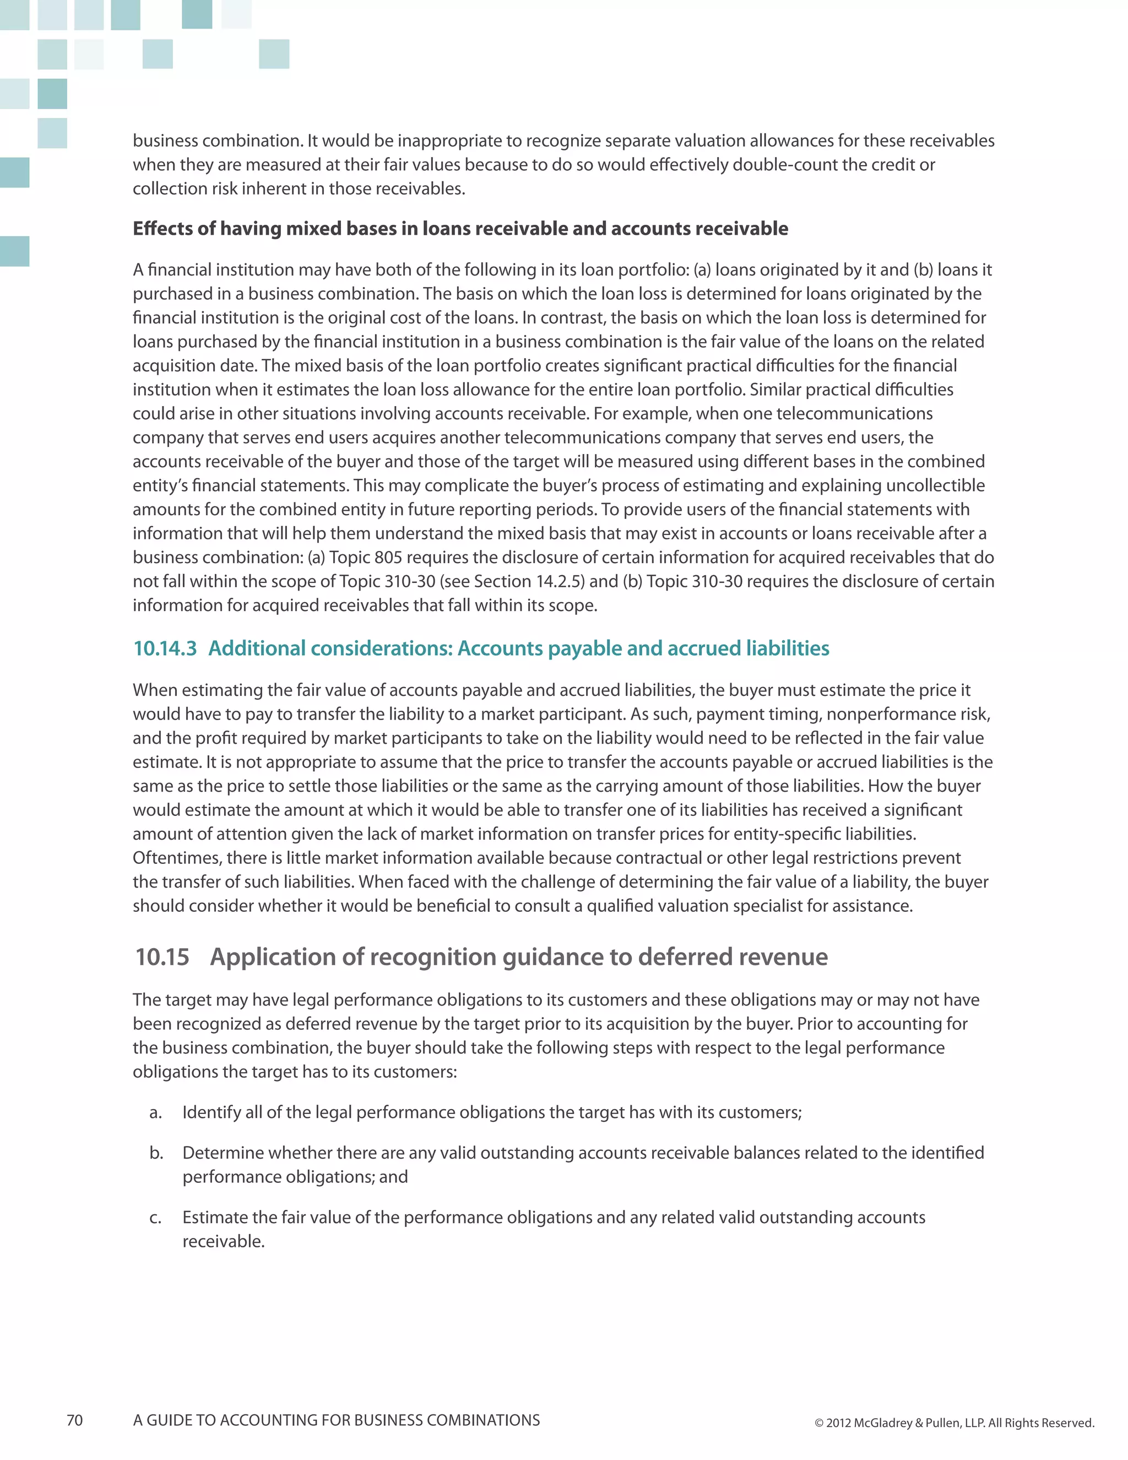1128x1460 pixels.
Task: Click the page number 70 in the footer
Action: [x=75, y=1420]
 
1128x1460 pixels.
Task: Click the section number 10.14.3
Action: [x=165, y=648]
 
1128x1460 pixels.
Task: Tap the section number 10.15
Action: [x=162, y=956]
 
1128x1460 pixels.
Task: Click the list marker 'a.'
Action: [x=156, y=1112]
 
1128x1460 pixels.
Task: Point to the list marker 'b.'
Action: [x=156, y=1153]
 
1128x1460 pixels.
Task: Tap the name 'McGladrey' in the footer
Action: [x=883, y=1423]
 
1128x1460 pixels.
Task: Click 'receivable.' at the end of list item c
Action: [x=223, y=1241]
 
